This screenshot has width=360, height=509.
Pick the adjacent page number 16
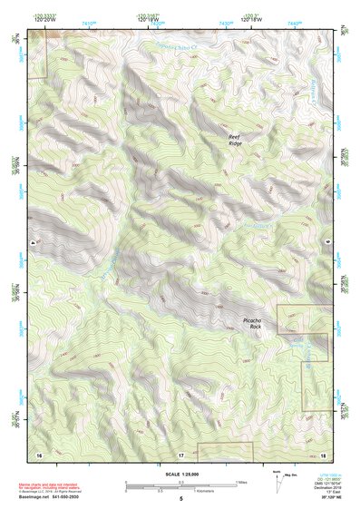(x=39, y=453)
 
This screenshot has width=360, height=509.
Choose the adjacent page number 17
(x=181, y=453)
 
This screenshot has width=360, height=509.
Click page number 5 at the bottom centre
(x=180, y=499)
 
